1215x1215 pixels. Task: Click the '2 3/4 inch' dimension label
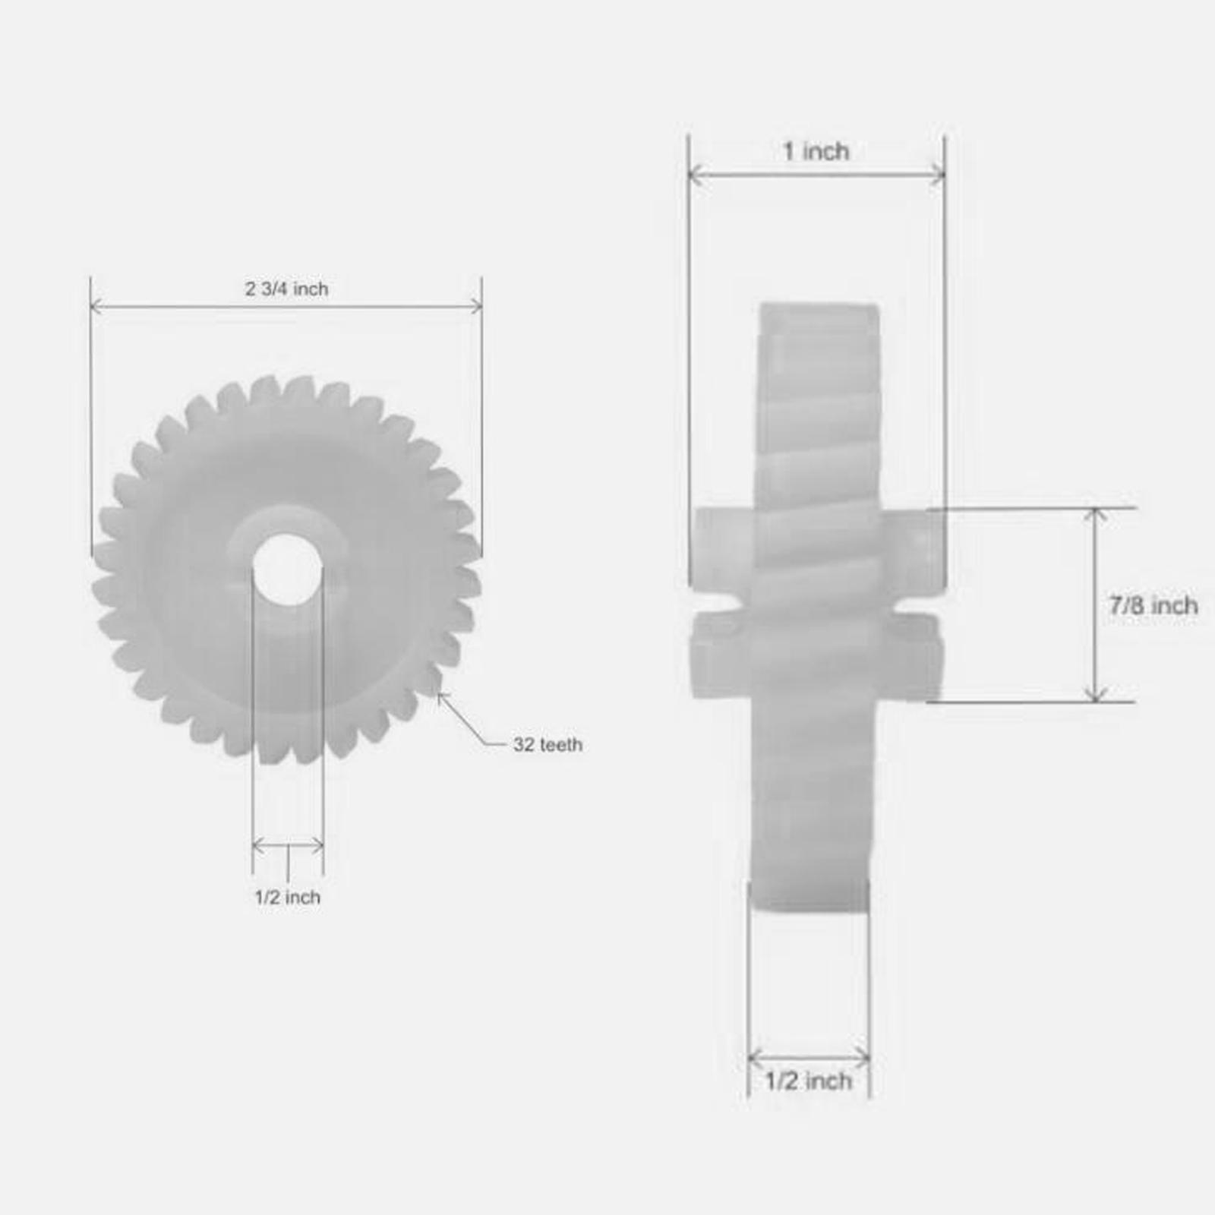286,289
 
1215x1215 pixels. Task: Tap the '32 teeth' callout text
548,745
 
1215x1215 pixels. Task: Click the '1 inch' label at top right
816,152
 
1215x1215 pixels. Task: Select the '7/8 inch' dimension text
1153,606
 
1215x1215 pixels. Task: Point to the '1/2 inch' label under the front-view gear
287,898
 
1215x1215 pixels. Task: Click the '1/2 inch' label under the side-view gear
808,1081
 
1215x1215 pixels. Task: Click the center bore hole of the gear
287,569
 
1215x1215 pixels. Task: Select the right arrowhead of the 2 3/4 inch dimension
478,307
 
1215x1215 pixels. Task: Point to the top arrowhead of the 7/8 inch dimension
1095,514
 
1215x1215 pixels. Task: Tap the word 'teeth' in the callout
561,745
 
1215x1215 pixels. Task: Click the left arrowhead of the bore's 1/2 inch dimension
257,845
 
